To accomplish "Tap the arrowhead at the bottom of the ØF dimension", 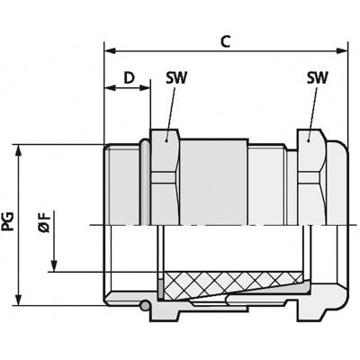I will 56,266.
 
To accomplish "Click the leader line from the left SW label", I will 168,112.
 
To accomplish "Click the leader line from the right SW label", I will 311,112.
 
